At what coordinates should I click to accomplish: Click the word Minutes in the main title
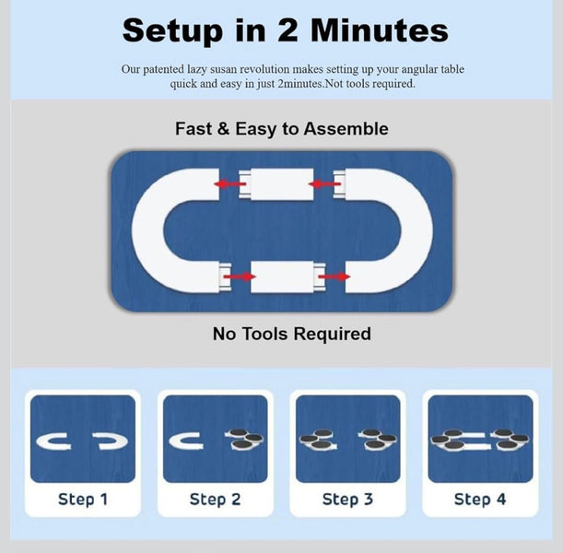coord(379,30)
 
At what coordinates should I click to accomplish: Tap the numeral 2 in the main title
coord(287,30)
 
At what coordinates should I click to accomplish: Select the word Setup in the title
coord(172,31)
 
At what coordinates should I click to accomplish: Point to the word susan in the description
coord(225,69)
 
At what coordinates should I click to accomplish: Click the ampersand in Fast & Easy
coord(223,128)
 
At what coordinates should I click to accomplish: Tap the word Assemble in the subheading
coord(346,128)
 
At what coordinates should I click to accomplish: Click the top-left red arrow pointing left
coord(229,184)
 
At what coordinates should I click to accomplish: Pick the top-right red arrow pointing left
coord(324,184)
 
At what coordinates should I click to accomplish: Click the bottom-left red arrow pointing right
coord(240,276)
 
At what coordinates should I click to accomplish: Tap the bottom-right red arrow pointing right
coord(334,276)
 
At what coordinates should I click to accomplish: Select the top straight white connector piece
coord(276,184)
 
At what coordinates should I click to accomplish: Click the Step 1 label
coord(83,500)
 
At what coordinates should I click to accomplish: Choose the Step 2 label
coord(215,500)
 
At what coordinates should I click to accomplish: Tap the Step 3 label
coord(347,500)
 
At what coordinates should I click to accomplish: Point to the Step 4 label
coord(480,500)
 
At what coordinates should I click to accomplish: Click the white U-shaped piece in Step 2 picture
coord(174,441)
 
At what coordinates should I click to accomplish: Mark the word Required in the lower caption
coord(333,334)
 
